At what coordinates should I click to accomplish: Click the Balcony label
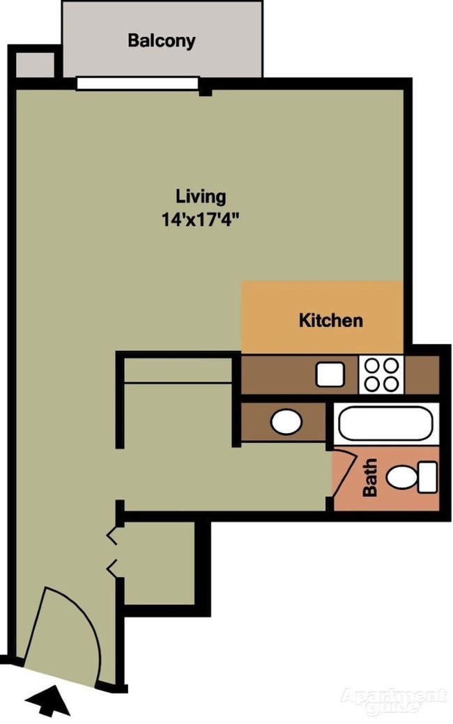coord(161,40)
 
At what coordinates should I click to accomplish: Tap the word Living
coord(201,197)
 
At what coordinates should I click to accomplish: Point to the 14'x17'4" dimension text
coord(200,219)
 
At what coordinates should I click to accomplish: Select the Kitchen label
coord(330,320)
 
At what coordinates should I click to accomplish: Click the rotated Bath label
coord(370,477)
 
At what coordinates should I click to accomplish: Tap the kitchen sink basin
coord(330,374)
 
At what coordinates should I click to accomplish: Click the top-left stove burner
coord(371,365)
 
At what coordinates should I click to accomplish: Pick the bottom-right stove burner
coord(391,384)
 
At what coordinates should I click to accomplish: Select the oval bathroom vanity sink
coord(286,422)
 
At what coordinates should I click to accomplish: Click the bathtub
coord(386,423)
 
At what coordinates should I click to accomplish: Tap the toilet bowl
coord(402,477)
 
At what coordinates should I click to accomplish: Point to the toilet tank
coord(428,477)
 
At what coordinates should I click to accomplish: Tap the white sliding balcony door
coord(137,84)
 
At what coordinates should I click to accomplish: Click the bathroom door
coord(342,475)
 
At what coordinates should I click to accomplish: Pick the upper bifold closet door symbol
coord(112,536)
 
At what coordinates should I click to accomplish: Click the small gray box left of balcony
coord(35,65)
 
